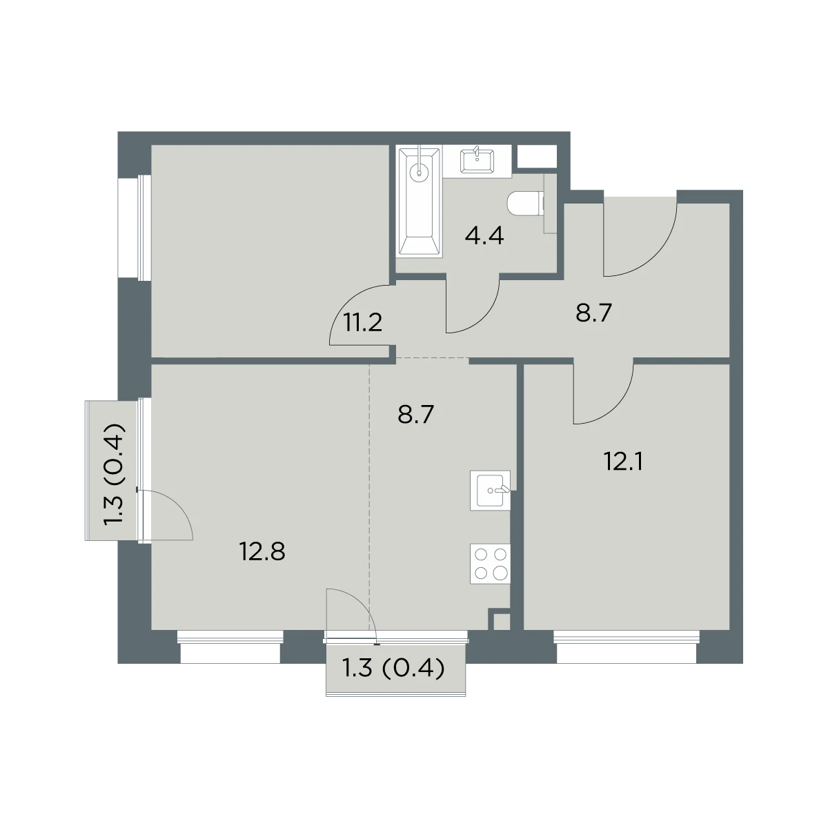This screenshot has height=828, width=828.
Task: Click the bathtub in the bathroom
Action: pyautogui.click(x=420, y=201)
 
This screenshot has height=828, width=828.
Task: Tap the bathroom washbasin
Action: pyautogui.click(x=477, y=161)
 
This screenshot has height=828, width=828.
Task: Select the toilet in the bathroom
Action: pyautogui.click(x=526, y=204)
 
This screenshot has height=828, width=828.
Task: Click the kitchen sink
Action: pyautogui.click(x=491, y=491)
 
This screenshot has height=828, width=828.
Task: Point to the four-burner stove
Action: pyautogui.click(x=491, y=564)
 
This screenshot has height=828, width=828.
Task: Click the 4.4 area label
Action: pyautogui.click(x=484, y=236)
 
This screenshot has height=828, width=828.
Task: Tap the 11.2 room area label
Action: pyautogui.click(x=363, y=322)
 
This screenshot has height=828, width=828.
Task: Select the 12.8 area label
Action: pyautogui.click(x=262, y=552)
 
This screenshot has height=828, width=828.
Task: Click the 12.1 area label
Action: pyautogui.click(x=624, y=462)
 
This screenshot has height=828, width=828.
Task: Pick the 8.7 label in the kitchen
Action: pyautogui.click(x=415, y=415)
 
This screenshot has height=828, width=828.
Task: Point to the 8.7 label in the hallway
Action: pyautogui.click(x=593, y=313)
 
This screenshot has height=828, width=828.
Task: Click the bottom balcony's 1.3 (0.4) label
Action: pyautogui.click(x=393, y=669)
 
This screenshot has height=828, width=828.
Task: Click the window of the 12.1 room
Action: pyautogui.click(x=627, y=646)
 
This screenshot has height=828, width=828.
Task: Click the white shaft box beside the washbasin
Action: pyautogui.click(x=537, y=157)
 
